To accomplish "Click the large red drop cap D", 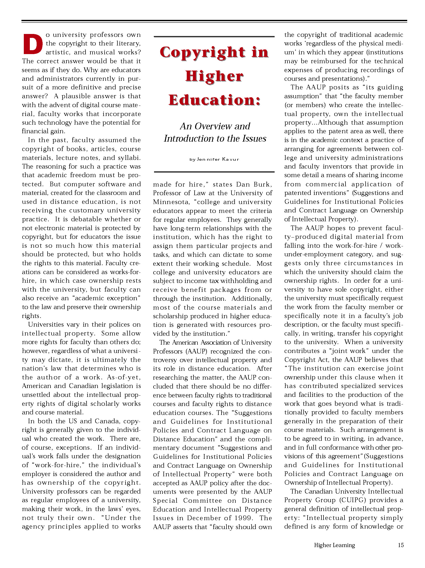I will click(33, 44).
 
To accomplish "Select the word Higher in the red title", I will click(214, 77).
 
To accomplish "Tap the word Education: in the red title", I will click(214, 100).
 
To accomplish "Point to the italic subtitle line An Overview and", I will click(215, 126).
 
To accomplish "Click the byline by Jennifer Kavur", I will click(214, 159).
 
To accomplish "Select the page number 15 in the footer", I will click(401, 545).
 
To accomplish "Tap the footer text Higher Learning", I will click(334, 545).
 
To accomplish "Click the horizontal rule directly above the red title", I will click(214, 37).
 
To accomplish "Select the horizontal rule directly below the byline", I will click(214, 172).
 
